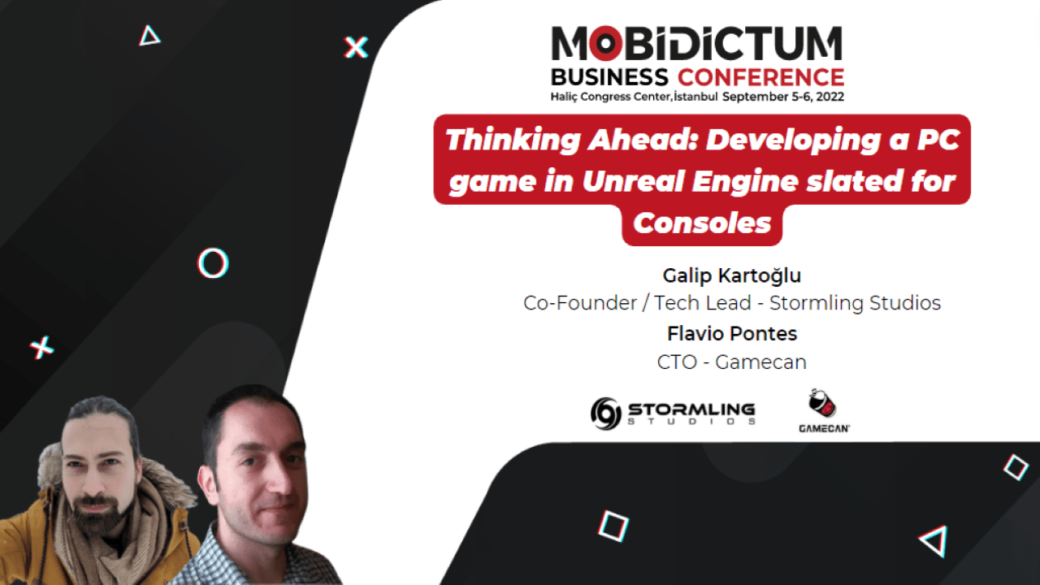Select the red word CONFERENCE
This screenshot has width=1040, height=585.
click(x=760, y=78)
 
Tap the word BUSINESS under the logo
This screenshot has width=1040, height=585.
click(x=609, y=78)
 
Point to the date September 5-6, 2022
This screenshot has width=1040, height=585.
click(x=783, y=97)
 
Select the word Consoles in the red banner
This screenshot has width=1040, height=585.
click(x=702, y=223)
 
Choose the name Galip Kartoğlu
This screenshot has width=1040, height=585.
click(x=732, y=276)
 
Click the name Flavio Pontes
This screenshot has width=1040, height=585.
click(x=732, y=333)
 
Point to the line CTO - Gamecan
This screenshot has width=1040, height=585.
click(x=732, y=362)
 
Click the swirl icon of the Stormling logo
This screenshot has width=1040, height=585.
click(x=606, y=413)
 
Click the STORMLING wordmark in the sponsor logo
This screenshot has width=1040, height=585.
click(x=691, y=409)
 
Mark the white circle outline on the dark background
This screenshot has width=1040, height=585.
click(x=213, y=262)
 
